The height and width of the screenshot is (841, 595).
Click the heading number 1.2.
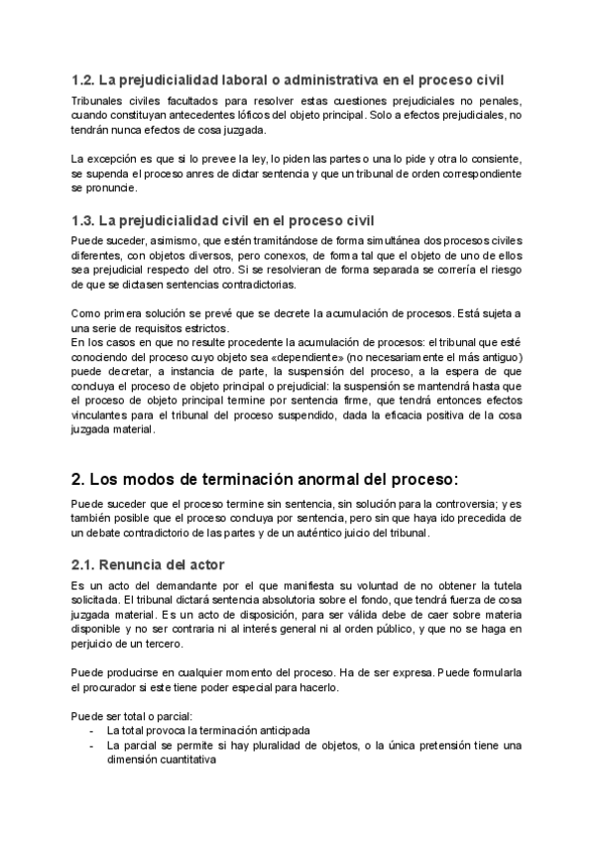[84, 80]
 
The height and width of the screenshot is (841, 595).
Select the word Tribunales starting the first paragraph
[99, 101]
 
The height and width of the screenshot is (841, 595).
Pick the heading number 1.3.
[84, 219]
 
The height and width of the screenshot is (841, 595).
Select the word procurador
[123, 687]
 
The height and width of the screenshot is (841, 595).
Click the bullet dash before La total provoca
[91, 731]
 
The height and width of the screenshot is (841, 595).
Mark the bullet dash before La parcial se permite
[91, 745]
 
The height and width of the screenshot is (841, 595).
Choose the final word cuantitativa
[180, 759]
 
